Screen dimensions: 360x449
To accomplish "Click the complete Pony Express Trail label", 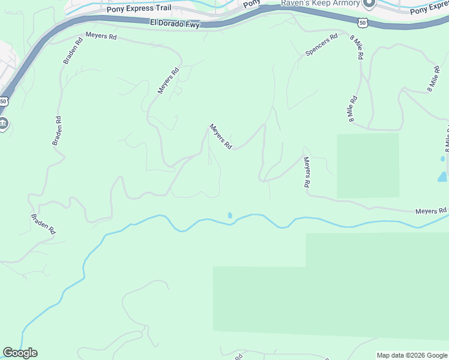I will (139, 10).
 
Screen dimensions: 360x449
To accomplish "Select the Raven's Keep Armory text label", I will (321, 3).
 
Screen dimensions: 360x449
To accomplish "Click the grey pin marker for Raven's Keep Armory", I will (369, 4).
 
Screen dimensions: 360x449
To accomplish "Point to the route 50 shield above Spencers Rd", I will (361, 22).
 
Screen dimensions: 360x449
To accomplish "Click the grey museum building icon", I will (3, 124).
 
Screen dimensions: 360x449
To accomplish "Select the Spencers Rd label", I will (318, 44).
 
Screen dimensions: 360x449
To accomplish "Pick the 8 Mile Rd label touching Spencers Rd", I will (357, 47).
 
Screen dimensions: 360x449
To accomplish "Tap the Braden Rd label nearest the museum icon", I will (58, 131).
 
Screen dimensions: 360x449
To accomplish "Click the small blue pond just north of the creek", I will (230, 215).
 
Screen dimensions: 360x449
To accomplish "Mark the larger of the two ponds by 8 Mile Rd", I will (443, 177).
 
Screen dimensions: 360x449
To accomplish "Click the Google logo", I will (20, 353).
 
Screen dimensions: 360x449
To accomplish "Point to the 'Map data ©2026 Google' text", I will (412, 355).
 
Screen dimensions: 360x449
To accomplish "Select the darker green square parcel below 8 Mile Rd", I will (367, 166).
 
